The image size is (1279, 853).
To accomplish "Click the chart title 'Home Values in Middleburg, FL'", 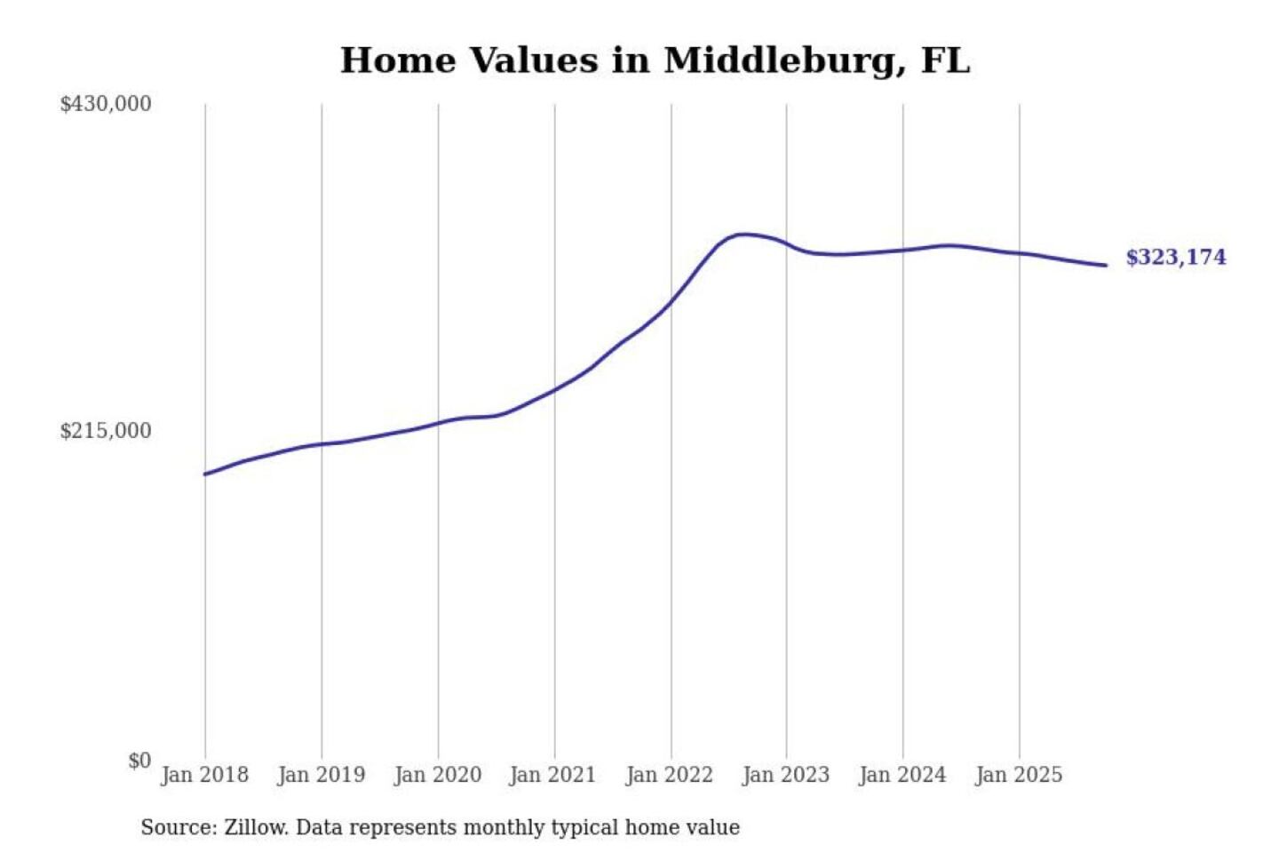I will (x=655, y=60).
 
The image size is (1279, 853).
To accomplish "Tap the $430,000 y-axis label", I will (x=106, y=104).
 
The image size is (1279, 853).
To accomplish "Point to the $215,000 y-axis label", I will (x=106, y=431).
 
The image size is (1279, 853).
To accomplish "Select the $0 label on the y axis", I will (x=139, y=761).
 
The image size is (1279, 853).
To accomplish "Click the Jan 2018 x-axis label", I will (x=204, y=775).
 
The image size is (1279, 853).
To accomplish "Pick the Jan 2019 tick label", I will (x=321, y=775).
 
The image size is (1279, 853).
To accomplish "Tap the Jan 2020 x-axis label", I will (x=437, y=775).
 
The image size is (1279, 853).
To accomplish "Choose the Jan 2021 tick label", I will (x=552, y=775).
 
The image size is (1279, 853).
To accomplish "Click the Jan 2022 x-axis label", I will (x=669, y=775).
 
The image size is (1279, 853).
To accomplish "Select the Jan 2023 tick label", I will (x=785, y=775).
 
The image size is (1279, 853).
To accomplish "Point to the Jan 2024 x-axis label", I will (x=902, y=775).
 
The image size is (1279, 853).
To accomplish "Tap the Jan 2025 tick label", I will (x=1018, y=775).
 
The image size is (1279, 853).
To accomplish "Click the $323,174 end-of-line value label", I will (x=1175, y=258).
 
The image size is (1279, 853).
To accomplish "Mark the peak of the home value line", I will (x=744, y=235).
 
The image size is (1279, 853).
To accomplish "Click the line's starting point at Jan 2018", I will (x=205, y=474).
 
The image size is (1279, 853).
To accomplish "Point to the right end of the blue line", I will (x=1106, y=265).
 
